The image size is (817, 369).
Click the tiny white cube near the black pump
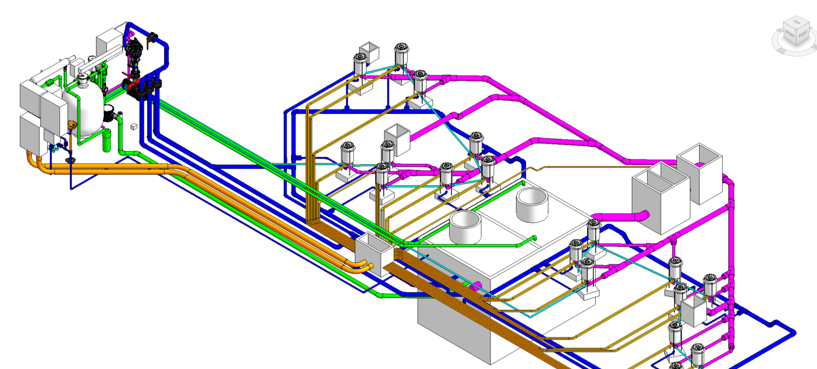[134, 126]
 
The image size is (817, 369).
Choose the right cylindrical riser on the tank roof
[532, 204]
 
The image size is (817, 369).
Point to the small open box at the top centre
[369, 50]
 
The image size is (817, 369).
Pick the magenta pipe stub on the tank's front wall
[477, 286]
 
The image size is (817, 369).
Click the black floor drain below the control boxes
[71, 160]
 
